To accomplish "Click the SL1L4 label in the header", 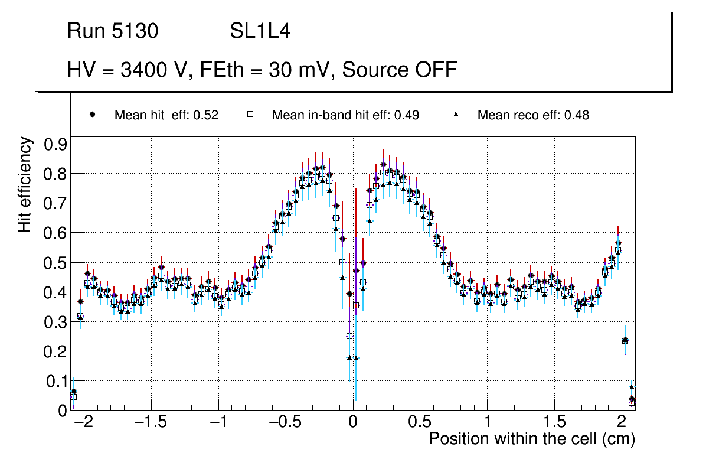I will (260, 31).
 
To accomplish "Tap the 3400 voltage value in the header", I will (138, 70).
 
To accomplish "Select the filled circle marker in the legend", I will (92, 115).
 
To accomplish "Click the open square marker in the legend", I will (250, 115).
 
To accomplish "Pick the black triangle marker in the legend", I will (456, 115).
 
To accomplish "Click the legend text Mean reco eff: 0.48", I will (533, 115).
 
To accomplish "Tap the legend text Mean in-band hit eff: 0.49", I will (345, 115).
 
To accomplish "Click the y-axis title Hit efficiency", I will (24, 184).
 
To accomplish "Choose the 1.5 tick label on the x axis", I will (554, 423).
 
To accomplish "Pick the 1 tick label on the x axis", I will (488, 423).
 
